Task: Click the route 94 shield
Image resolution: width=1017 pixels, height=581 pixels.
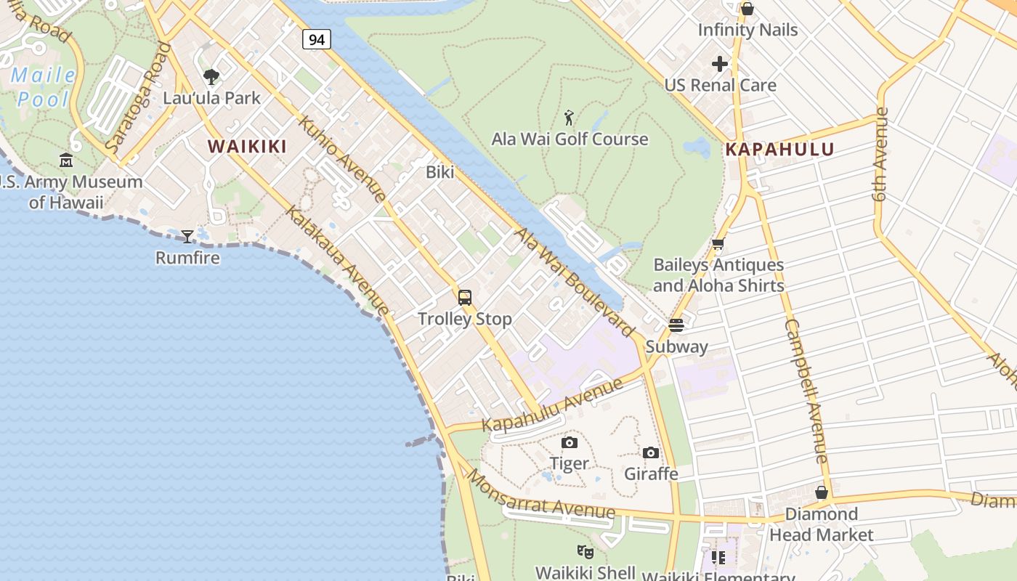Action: click(317, 39)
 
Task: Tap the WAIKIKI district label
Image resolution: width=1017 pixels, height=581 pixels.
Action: click(247, 146)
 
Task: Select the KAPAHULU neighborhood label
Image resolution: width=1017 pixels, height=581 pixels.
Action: click(779, 150)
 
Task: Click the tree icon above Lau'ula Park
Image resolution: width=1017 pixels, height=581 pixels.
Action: click(211, 76)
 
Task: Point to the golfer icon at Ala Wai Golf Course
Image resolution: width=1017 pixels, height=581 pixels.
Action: click(570, 117)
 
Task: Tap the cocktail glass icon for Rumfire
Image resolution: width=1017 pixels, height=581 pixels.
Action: click(187, 236)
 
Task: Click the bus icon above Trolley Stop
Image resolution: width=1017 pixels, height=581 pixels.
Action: click(464, 297)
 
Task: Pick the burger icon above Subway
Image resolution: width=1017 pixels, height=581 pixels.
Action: click(676, 325)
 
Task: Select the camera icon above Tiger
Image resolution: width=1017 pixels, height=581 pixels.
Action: click(570, 442)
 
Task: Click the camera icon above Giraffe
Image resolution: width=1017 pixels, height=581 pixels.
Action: click(651, 452)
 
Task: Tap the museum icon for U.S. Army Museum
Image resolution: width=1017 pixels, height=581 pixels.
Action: click(66, 160)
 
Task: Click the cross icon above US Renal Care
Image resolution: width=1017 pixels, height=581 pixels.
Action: click(720, 64)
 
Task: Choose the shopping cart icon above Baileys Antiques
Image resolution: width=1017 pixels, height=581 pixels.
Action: click(718, 244)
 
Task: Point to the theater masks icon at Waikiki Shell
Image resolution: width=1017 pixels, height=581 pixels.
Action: click(586, 552)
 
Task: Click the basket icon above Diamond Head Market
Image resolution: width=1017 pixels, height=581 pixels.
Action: click(822, 492)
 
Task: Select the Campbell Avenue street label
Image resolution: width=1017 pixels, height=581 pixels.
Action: click(806, 390)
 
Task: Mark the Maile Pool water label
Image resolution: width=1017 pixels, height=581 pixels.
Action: click(43, 86)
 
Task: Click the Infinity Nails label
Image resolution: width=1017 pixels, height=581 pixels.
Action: click(747, 30)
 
